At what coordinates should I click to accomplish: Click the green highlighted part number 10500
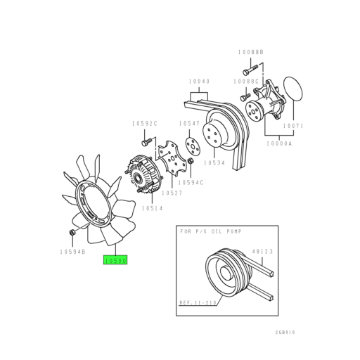coord(115,259)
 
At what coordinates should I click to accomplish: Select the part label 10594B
coord(72,252)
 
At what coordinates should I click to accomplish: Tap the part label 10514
coord(152,208)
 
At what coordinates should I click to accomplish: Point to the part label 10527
coord(172,193)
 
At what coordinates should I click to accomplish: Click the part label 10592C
coord(145,123)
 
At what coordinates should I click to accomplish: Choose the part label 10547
coord(189,123)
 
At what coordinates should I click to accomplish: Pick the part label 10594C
coord(191,182)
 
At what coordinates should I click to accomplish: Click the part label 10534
coord(214,162)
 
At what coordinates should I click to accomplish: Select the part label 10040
coord(199,82)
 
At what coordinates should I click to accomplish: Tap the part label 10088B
coord(251,52)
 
